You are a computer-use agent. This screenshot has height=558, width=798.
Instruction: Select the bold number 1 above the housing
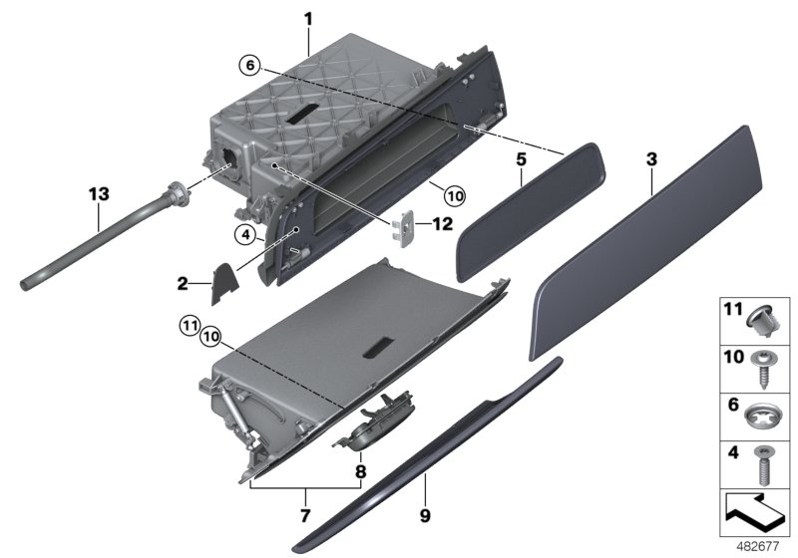click(x=308, y=17)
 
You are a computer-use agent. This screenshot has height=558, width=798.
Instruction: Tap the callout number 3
click(x=651, y=158)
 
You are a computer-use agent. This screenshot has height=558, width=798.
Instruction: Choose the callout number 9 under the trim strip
click(x=425, y=516)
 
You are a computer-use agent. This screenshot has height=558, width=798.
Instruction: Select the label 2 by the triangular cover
click(x=183, y=284)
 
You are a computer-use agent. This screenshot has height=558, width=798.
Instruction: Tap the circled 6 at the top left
click(x=250, y=65)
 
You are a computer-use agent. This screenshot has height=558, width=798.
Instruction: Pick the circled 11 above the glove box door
click(x=190, y=323)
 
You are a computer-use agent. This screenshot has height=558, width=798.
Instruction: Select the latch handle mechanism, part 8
click(x=373, y=428)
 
